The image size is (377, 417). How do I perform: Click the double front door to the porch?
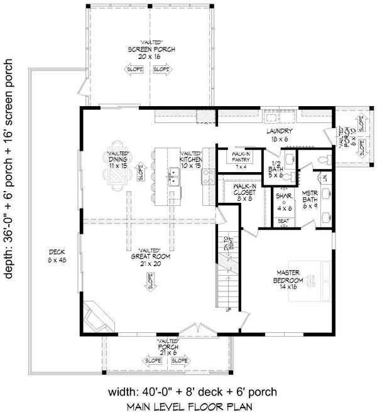pos(197,330)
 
